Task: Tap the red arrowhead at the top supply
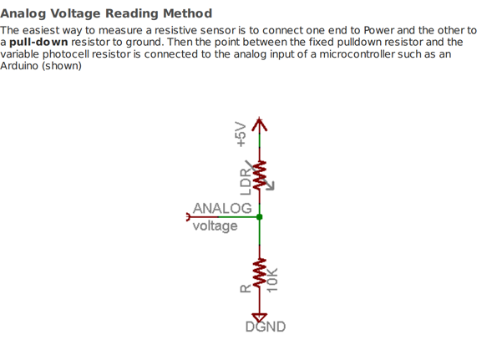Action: coord(260,124)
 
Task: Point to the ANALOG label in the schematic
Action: coord(222,208)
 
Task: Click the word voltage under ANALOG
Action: coord(215,226)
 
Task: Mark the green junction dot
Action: coord(260,217)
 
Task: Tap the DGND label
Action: coord(266,327)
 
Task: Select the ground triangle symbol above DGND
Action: coord(260,317)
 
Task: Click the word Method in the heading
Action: coord(186,13)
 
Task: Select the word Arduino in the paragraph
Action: coord(21,65)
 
